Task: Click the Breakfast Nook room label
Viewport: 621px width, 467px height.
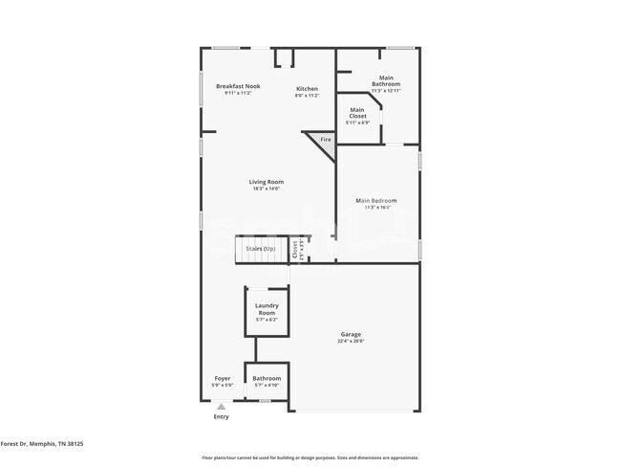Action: [237, 86]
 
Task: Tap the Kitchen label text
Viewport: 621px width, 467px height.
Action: [306, 89]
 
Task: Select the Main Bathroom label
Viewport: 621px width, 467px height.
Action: [386, 80]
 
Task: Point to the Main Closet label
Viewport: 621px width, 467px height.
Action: [357, 113]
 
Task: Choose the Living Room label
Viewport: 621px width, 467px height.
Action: [267, 182]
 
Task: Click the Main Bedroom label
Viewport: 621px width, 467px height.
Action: [375, 200]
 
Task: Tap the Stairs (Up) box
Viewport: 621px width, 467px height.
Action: [261, 249]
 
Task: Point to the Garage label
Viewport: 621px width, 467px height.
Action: [350, 334]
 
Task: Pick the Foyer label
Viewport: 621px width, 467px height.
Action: [222, 378]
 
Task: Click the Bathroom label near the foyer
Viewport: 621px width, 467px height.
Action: [267, 378]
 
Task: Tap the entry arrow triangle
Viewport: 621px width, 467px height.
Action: [221, 406]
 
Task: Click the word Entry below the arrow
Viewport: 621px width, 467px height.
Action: [221, 416]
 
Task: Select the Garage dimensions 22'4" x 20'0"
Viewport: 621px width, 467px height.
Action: [350, 341]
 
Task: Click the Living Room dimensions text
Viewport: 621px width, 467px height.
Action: [267, 189]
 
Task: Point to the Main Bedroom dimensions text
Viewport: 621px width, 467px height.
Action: [375, 207]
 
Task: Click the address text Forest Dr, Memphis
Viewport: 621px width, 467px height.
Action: [42, 444]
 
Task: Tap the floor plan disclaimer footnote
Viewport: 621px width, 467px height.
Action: [310, 457]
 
